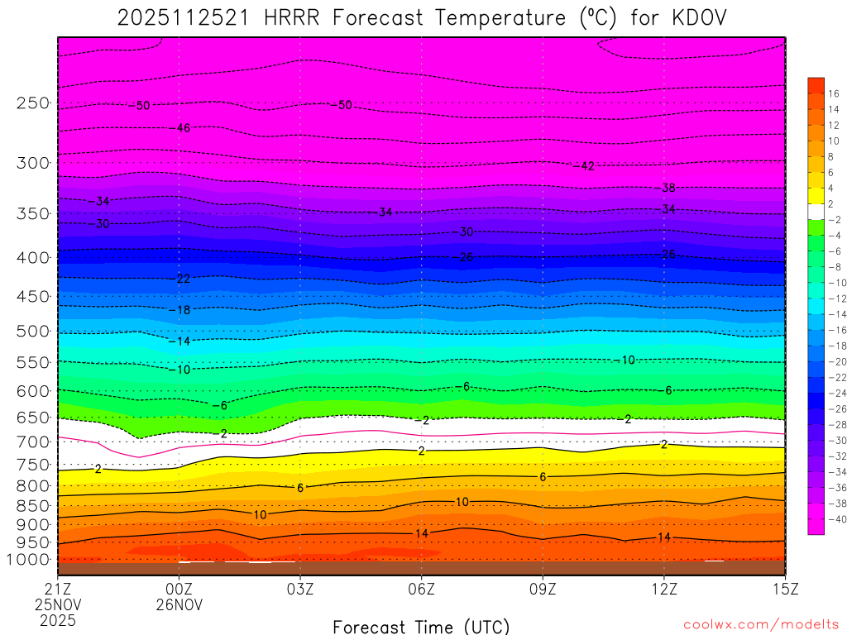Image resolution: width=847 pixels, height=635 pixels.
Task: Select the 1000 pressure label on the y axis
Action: [x=30, y=560]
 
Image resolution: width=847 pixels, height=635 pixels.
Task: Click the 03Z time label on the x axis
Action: [x=300, y=589]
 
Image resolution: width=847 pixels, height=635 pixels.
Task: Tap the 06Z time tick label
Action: [x=421, y=589]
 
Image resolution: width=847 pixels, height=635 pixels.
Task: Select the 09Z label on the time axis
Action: [x=543, y=589]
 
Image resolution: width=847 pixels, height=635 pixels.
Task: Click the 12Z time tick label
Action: [x=663, y=589]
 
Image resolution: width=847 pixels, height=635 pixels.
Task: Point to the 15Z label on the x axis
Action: [x=784, y=589]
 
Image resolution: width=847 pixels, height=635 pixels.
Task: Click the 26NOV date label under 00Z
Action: [x=179, y=604]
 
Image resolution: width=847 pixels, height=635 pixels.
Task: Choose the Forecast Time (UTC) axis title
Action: [x=421, y=626]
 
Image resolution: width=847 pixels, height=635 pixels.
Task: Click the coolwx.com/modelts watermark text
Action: [x=760, y=623]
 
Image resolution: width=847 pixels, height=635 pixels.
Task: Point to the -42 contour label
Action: [x=584, y=165]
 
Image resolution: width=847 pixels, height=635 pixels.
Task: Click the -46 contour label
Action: [x=181, y=128]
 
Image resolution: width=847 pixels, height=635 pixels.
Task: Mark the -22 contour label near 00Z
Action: [x=181, y=279]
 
